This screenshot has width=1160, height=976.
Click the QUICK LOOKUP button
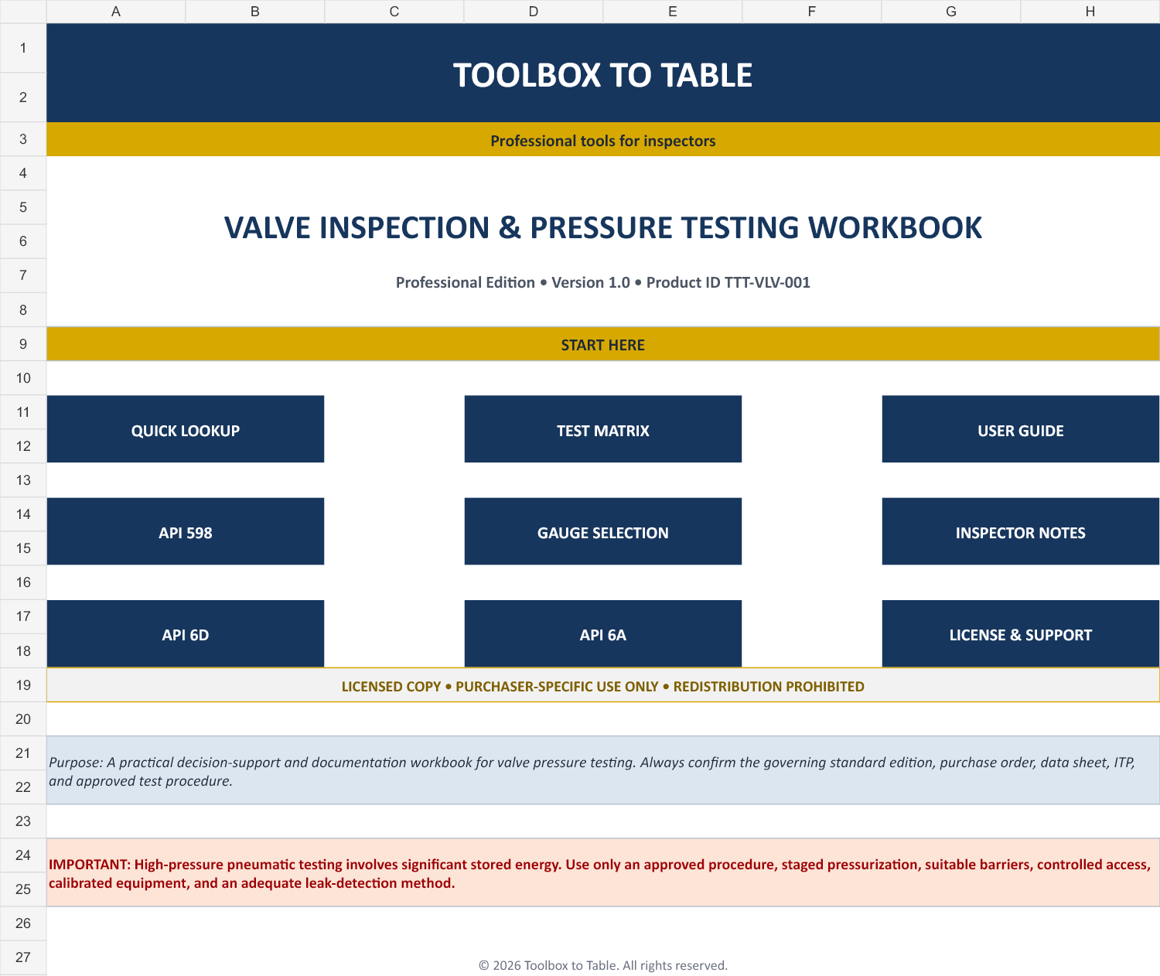pyautogui.click(x=186, y=429)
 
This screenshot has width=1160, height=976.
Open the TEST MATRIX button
pyautogui.click(x=602, y=429)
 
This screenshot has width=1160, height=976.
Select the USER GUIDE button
pyautogui.click(x=1021, y=429)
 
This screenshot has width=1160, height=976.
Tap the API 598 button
pyautogui.click(x=186, y=531)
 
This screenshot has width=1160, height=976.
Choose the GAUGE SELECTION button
pyautogui.click(x=602, y=531)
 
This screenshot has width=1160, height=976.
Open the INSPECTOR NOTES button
pyautogui.click(x=1021, y=531)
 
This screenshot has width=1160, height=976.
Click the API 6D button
pyautogui.click(x=186, y=633)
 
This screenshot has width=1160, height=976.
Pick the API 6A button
pyautogui.click(x=602, y=633)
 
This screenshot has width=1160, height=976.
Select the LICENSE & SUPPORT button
pyautogui.click(x=1021, y=633)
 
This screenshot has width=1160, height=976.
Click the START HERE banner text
pyautogui.click(x=602, y=345)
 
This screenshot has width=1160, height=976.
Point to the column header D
pyautogui.click(x=534, y=12)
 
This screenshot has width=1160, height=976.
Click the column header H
pyautogui.click(x=1090, y=12)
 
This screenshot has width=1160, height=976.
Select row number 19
pyautogui.click(x=22, y=685)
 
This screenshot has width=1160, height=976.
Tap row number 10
pyautogui.click(x=22, y=378)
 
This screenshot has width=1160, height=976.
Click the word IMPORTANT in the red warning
pyautogui.click(x=89, y=865)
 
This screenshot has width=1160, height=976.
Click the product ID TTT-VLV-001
pyautogui.click(x=766, y=283)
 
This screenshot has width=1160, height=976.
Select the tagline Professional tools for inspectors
pyautogui.click(x=602, y=141)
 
